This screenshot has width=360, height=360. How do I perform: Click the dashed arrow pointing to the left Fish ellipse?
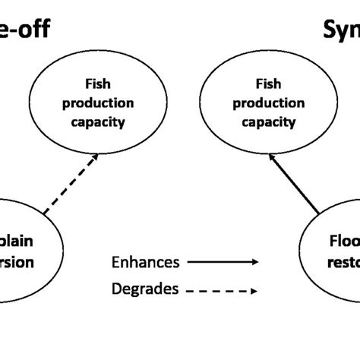tap(71, 183)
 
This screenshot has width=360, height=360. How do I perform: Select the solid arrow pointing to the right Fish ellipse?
tap(289, 183)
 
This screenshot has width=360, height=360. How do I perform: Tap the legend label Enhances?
tap(145, 263)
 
